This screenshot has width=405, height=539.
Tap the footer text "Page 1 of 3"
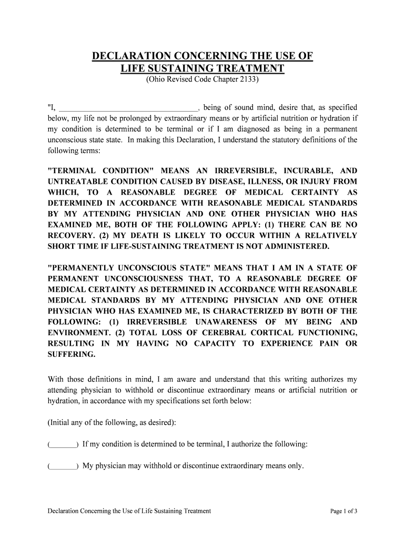pos(343,511)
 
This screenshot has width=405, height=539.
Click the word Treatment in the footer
pos(195,511)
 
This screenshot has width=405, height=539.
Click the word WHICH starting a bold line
pos(62,193)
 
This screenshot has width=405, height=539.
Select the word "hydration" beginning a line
pos(63,401)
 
